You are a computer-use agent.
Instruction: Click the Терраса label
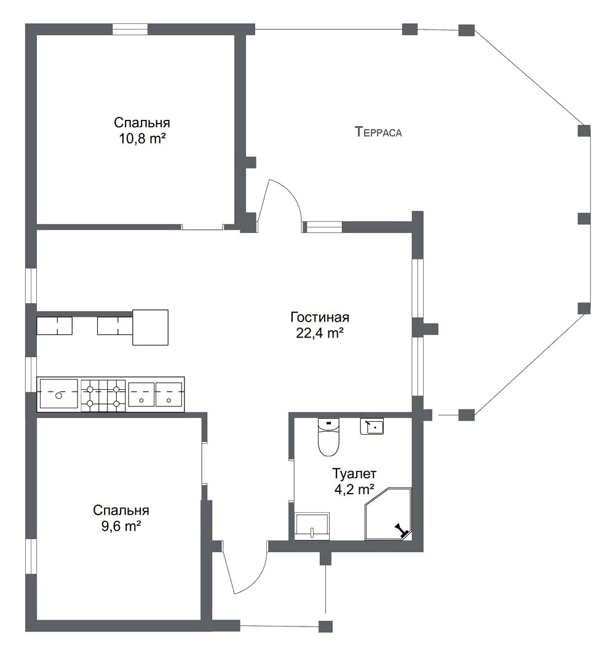point(378,132)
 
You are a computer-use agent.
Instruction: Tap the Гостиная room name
point(320,317)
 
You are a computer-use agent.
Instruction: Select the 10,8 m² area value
point(142,138)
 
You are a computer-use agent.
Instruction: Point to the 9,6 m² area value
point(121,526)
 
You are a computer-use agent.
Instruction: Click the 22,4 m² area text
point(320,333)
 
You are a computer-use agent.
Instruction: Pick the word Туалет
point(354,473)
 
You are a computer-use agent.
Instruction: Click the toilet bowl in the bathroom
point(328,437)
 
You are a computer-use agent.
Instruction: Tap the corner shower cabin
point(388,514)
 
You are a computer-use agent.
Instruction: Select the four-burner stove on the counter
point(103,395)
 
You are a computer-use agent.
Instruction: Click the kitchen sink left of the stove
point(58,393)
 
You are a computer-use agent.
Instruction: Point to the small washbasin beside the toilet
point(372,426)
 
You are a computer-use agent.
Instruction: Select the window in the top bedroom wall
point(130,29)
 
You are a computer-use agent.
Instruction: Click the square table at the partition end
point(151,327)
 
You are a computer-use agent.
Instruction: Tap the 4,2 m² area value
point(354,489)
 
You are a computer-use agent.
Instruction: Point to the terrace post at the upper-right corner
point(467,30)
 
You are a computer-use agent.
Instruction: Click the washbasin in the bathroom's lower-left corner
point(312,525)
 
